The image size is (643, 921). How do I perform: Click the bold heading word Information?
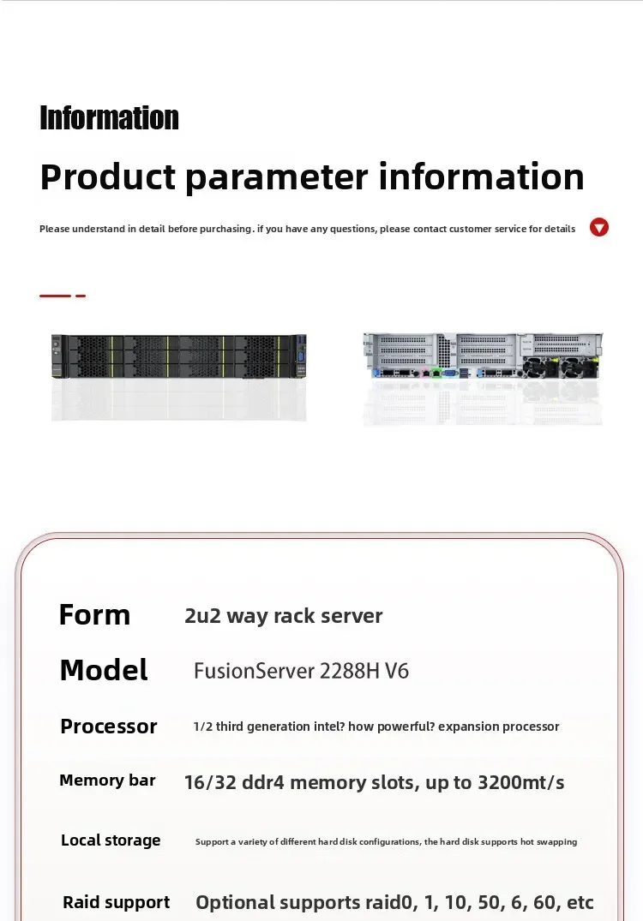pyautogui.click(x=110, y=117)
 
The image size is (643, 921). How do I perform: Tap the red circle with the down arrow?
pyautogui.click(x=599, y=227)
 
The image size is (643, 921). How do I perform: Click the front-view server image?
pyautogui.click(x=178, y=356)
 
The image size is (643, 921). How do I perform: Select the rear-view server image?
pyautogui.click(x=484, y=356)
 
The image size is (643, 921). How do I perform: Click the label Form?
pyautogui.click(x=94, y=615)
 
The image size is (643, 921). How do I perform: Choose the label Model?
pyautogui.click(x=104, y=670)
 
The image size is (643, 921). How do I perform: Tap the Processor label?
pyautogui.click(x=109, y=727)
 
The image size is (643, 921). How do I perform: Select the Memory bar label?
pyautogui.click(x=107, y=780)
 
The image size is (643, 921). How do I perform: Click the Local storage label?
pyautogui.click(x=111, y=840)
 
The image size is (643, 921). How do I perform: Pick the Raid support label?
pyautogui.click(x=117, y=901)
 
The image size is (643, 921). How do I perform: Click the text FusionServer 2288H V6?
pyautogui.click(x=302, y=671)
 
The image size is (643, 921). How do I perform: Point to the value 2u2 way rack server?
pyautogui.click(x=284, y=615)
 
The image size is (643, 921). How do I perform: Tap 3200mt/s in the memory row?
pyautogui.click(x=520, y=782)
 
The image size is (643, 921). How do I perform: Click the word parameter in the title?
pyautogui.click(x=276, y=177)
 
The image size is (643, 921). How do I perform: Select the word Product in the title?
pyautogui.click(x=108, y=176)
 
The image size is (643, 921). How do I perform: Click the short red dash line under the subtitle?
pyautogui.click(x=63, y=296)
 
